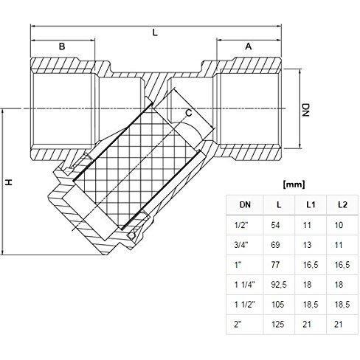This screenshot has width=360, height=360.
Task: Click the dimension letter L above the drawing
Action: point(155,32)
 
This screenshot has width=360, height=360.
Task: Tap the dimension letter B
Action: point(62,46)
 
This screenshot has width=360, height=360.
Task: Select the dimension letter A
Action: point(249,46)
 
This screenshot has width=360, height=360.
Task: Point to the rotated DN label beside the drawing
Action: point(305,110)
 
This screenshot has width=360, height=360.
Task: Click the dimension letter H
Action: point(9,182)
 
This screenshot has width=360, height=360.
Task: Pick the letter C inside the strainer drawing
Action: point(189,113)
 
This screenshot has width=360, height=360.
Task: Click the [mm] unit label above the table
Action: point(294,184)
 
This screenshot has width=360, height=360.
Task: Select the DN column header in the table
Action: point(245,205)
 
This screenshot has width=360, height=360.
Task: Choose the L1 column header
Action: point(311,205)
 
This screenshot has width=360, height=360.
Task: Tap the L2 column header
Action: point(342,205)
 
